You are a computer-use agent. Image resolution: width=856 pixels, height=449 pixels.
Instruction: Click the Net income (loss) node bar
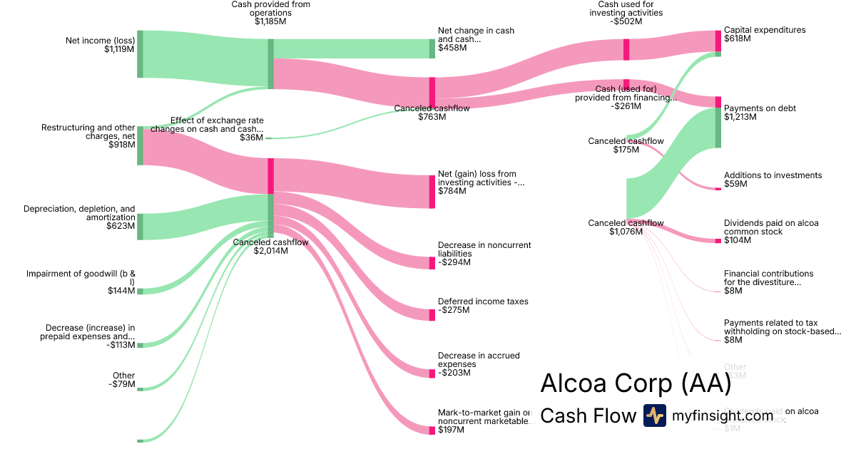click(140, 54)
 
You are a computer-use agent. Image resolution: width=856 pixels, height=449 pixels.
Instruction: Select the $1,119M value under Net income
click(119, 49)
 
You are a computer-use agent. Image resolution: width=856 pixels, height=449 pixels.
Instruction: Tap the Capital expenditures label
click(764, 30)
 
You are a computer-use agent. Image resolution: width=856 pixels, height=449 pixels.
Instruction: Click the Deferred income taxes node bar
click(432, 315)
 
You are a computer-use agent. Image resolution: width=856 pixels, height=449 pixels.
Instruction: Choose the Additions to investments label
click(773, 175)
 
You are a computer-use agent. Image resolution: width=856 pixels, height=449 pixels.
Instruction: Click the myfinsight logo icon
click(654, 416)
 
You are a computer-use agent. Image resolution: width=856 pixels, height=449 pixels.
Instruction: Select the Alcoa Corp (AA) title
click(636, 383)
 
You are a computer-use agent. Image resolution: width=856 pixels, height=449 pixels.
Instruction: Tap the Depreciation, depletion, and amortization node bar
click(140, 226)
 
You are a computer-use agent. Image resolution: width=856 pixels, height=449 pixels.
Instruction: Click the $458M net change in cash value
click(452, 48)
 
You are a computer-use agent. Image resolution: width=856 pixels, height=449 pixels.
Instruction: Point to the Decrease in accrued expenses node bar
click(432, 373)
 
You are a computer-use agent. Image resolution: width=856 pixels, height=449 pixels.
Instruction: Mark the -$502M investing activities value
click(626, 21)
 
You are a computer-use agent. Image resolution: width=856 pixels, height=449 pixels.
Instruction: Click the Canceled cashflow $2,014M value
click(271, 251)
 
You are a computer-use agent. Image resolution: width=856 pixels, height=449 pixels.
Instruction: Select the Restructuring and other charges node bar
click(140, 145)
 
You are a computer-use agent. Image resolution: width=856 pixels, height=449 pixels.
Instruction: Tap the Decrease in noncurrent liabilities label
click(484, 249)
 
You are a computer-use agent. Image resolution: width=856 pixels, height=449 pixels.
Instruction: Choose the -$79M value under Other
click(122, 384)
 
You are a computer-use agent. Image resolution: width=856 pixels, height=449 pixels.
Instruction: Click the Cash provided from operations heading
click(271, 9)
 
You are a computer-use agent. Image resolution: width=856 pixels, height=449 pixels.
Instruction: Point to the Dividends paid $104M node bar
click(718, 241)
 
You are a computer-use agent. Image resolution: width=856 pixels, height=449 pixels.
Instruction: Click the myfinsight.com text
click(723, 416)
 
